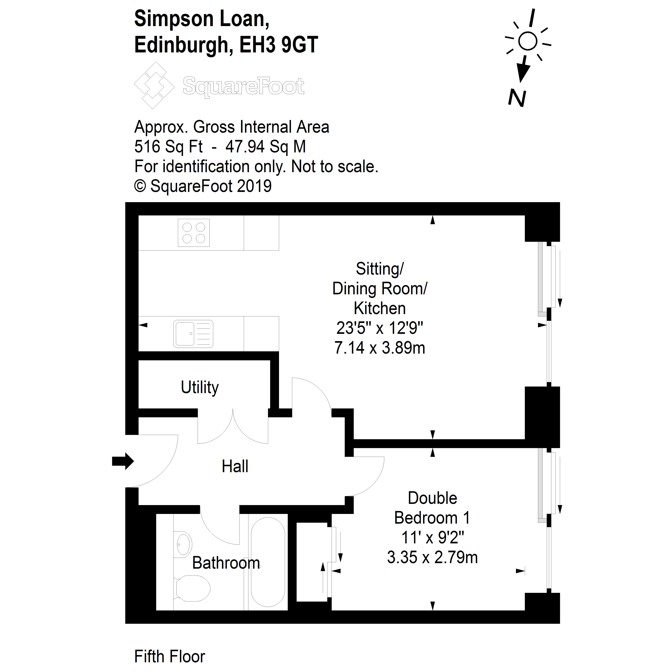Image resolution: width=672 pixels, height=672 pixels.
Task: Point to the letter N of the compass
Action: point(517,98)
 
